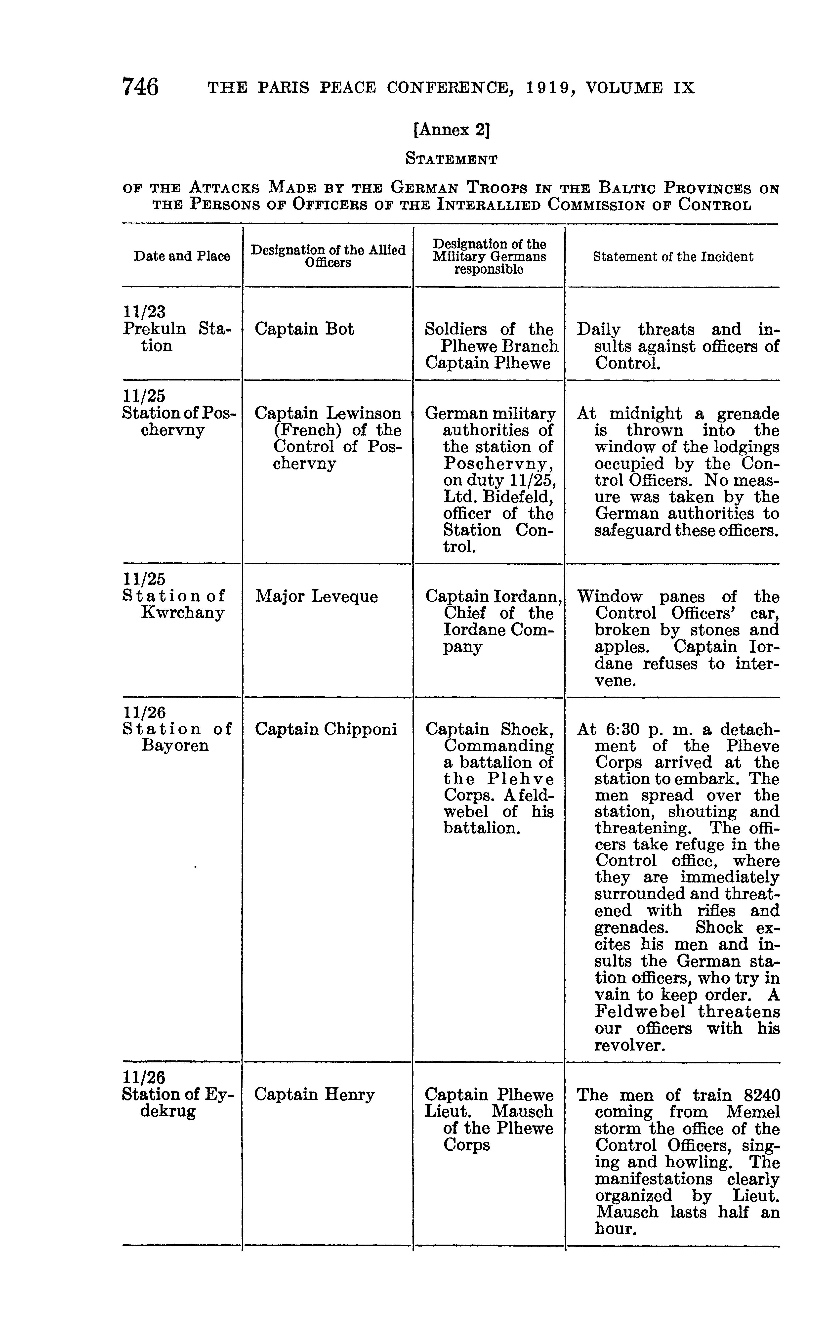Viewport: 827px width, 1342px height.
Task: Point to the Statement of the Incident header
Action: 673,256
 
